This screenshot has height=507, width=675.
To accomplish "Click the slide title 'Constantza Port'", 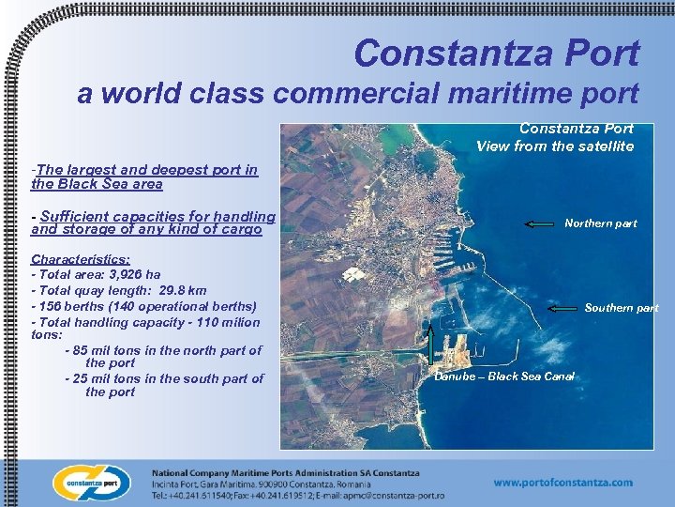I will (x=497, y=53).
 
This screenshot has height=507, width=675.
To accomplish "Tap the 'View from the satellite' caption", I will (x=555, y=146).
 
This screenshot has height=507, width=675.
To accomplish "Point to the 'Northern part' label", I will (x=600, y=223).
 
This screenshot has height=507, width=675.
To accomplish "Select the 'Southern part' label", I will (x=622, y=308).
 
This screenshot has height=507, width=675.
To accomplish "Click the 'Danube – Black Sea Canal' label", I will (x=504, y=376).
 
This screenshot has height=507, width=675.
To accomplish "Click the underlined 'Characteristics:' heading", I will (x=81, y=258).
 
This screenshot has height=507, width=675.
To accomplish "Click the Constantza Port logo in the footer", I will (x=91, y=483).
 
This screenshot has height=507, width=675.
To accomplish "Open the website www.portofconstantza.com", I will (x=562, y=483).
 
